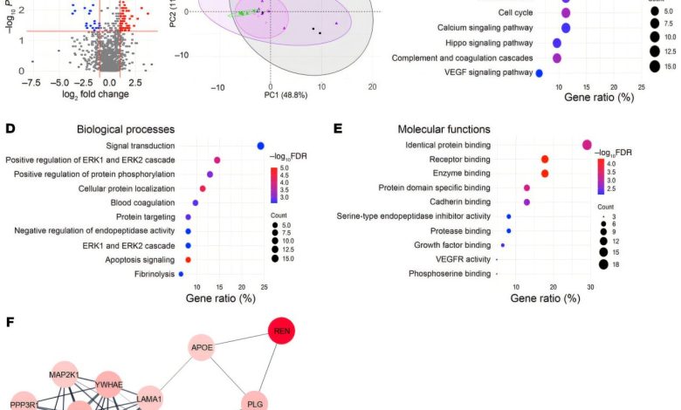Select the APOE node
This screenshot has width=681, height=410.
pos(203,348)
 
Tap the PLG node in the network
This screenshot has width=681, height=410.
pos(256,404)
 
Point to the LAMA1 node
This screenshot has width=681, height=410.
pos(149,398)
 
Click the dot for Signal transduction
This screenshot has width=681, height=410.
pos(260,146)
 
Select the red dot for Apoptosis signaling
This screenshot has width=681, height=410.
pos(188,259)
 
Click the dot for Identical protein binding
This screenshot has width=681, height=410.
pos(588,145)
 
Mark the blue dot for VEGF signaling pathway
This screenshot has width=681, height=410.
pos(540,73)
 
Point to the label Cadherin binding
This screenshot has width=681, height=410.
pos(459,202)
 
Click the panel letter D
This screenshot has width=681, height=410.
pos(10,128)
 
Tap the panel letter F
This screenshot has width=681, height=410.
pos(10,323)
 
